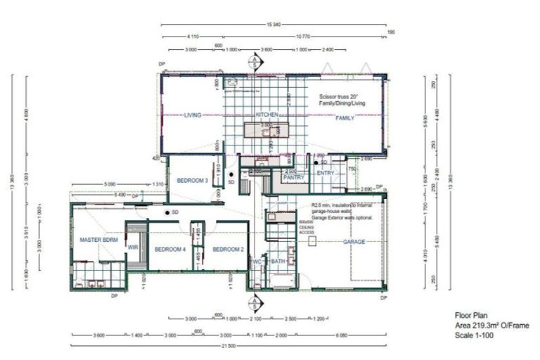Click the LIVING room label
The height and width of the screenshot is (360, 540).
click(193, 115)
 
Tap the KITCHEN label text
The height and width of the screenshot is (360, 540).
click(268, 115)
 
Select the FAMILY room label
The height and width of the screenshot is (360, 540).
click(345, 118)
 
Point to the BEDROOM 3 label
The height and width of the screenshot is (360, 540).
click(192, 181)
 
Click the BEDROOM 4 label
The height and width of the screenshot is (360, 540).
click(169, 250)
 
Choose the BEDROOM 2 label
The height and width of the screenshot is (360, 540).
click(228, 250)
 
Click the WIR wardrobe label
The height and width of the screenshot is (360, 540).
click(133, 247)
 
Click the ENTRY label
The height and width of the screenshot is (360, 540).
click(326, 173)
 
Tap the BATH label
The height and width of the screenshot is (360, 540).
click(278, 262)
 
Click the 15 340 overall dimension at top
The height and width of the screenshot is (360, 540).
click(274, 24)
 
